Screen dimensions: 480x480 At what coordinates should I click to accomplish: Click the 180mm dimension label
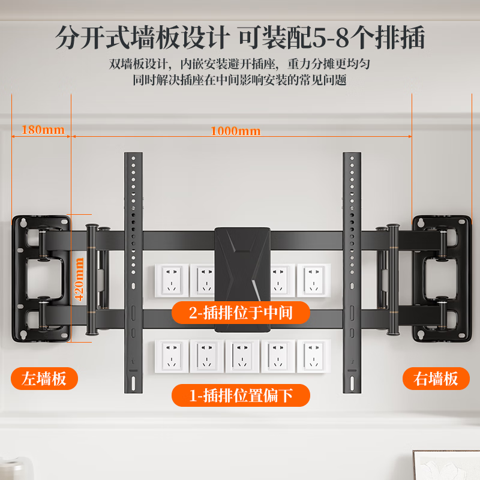tap(43, 130)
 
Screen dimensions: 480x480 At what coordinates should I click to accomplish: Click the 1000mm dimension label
tap(235, 131)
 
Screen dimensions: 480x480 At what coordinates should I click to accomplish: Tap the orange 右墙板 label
tap(435, 379)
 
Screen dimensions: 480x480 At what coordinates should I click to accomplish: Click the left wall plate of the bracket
tap(41, 278)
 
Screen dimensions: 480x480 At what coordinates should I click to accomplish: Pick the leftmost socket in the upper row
tap(172, 280)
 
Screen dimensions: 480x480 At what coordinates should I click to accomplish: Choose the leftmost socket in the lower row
tap(172, 356)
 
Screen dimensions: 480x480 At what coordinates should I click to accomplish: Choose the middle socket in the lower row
tap(242, 356)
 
